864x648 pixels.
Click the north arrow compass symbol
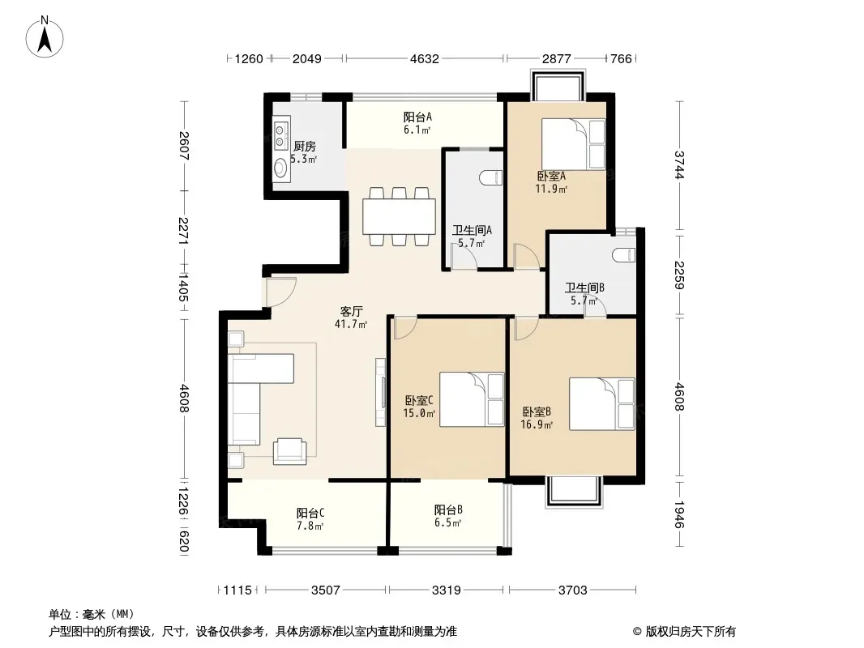(45, 37)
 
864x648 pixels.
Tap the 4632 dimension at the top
(424, 58)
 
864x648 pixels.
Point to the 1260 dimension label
(249, 58)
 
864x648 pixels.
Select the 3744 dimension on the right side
(679, 164)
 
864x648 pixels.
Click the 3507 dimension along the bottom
(325, 590)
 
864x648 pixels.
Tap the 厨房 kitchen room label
(304, 146)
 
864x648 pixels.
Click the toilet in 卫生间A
(491, 178)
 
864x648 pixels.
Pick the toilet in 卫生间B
(624, 255)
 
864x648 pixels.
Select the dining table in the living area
(399, 216)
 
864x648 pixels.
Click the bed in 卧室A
(574, 144)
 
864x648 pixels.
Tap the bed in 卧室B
(601, 403)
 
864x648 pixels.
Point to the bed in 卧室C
(472, 399)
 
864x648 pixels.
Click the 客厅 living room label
(351, 311)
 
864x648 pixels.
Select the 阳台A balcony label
(417, 117)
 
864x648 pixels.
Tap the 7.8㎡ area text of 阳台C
(310, 526)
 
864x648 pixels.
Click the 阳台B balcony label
(448, 509)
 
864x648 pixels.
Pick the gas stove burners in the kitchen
(281, 136)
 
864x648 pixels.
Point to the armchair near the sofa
(290, 451)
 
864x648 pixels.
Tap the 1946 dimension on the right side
(679, 514)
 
